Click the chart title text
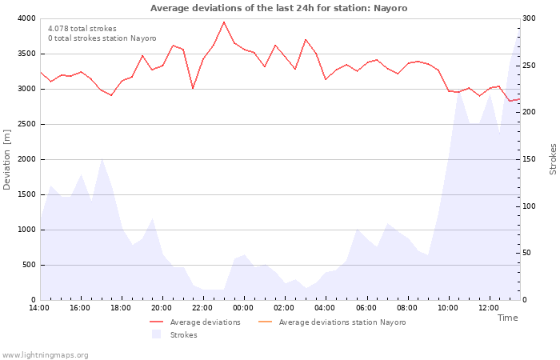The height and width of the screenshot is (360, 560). point(278,8)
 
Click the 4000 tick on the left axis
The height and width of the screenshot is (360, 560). point(25,18)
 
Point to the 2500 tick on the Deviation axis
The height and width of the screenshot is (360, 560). point(25,124)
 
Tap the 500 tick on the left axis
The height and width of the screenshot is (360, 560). point(28,265)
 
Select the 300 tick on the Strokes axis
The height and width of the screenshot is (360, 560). point(530,18)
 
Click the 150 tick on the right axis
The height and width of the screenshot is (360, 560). point(530,159)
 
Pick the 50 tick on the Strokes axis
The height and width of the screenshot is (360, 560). point(527,253)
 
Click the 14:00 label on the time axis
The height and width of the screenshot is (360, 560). point(39,308)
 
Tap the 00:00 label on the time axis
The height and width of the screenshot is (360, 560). point(243,308)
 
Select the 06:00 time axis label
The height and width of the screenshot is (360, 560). point(366,308)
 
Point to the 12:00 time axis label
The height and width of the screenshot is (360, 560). point(488,308)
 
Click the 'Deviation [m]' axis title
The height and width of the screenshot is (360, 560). point(7,159)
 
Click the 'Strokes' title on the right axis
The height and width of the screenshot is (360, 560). point(553,159)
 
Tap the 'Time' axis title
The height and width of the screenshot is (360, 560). point(507,318)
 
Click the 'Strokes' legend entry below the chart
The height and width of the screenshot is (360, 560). point(183,335)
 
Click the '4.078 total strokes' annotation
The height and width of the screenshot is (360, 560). point(82,29)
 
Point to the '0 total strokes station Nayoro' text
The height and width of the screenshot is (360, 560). point(102,38)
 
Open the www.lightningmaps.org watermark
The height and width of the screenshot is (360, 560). point(46,354)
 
